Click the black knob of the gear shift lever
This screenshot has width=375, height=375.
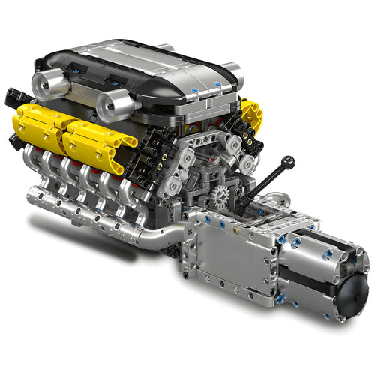tap(289, 160)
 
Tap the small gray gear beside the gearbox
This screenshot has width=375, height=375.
tap(220, 199)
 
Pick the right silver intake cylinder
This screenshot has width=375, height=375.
tap(114, 107)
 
